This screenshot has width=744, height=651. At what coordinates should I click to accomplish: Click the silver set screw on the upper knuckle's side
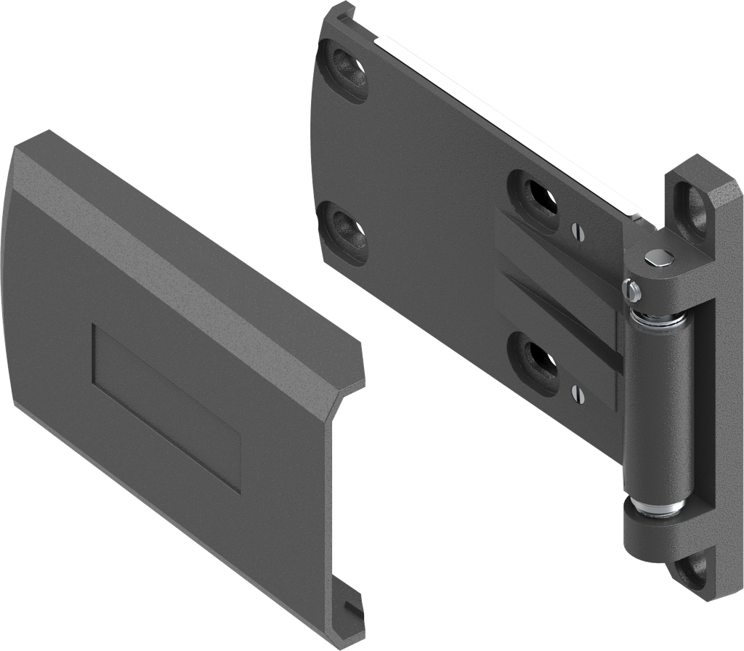point(634,290)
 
